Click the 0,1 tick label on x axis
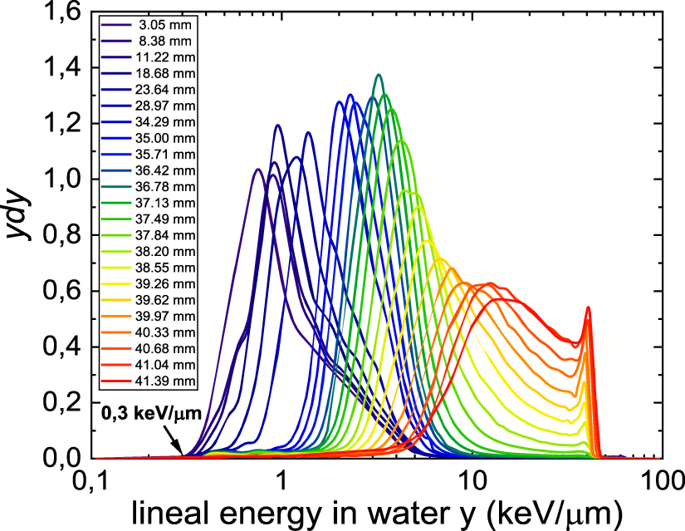[93, 481]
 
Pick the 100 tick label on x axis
[661, 481]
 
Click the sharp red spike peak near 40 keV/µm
[588, 308]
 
